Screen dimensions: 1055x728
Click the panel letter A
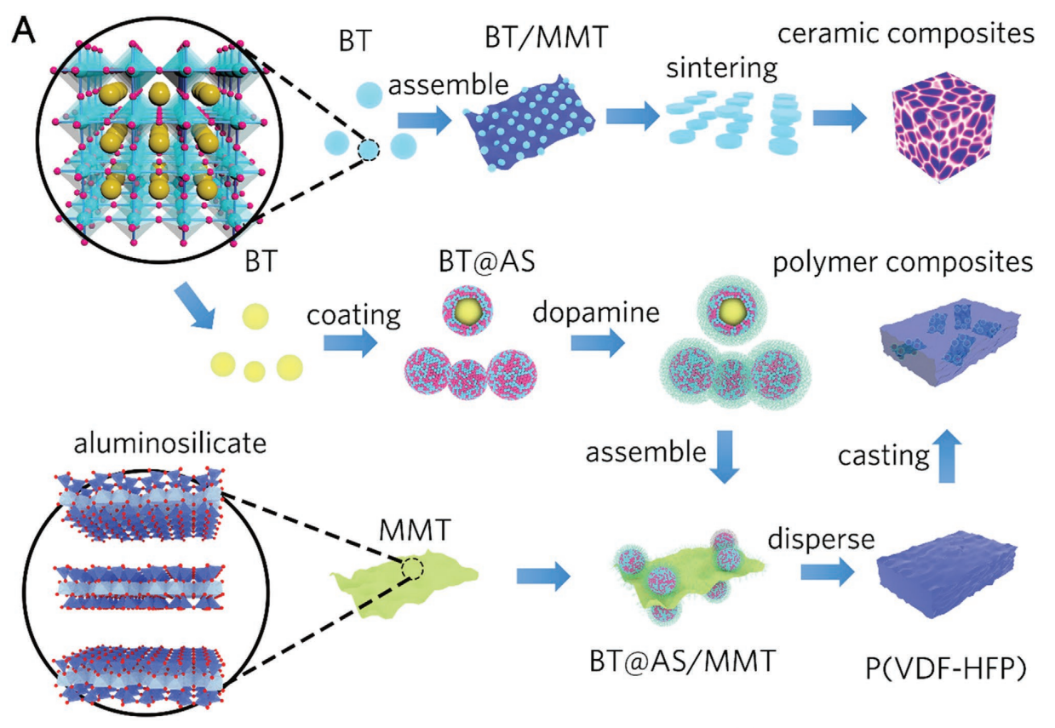[x=24, y=31]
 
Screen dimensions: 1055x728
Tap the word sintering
[x=721, y=69]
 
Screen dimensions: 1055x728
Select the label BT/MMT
[x=547, y=37]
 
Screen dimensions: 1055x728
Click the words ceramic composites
[x=906, y=34]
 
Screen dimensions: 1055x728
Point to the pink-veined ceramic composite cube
[x=943, y=126]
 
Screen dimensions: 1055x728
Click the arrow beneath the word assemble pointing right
[x=424, y=120]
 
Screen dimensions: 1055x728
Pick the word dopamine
[x=596, y=312]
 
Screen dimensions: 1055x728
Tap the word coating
[x=353, y=316]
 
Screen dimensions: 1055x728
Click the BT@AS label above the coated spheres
[x=487, y=261]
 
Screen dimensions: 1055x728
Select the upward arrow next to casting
[x=947, y=456]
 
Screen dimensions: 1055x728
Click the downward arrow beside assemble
[x=725, y=456]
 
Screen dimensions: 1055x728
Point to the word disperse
[x=822, y=540]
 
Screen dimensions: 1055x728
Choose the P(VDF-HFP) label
[x=946, y=668]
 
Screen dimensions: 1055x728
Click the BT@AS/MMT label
[x=682, y=661]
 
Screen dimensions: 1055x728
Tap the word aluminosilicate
[x=170, y=444]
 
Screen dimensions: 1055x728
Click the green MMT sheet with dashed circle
[x=405, y=583]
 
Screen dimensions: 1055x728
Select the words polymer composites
[x=903, y=262]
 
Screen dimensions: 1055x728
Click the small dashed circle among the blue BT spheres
[x=369, y=150]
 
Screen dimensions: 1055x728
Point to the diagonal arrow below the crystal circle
[x=195, y=305]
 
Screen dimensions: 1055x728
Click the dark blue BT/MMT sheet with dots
[x=530, y=123]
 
